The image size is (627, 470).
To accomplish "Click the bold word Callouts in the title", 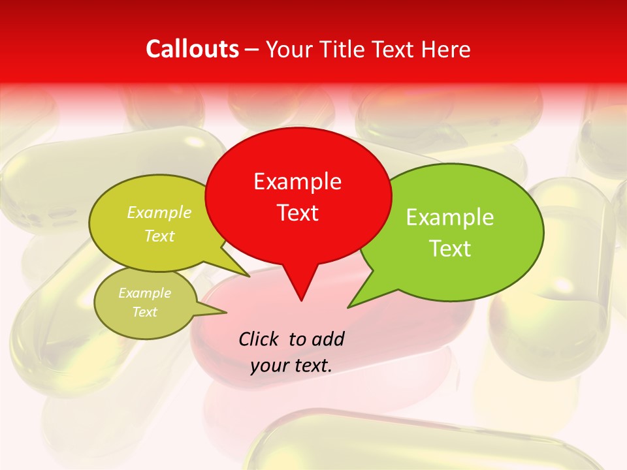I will click(192, 49).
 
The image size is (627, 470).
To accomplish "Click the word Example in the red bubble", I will click(297, 181).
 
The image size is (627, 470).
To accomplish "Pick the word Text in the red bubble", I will click(297, 213).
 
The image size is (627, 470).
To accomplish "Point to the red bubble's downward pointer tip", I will click(301, 300).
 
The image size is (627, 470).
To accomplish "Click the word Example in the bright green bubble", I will click(449, 217).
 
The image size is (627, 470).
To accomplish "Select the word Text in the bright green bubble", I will click(449, 249).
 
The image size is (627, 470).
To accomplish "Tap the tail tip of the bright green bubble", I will click(349, 306).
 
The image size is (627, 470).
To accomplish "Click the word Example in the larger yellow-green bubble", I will click(159, 213).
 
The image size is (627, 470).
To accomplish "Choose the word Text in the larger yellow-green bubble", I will click(159, 236).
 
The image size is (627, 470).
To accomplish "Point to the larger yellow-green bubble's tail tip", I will click(249, 276).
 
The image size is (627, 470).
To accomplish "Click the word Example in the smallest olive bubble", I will click(145, 293).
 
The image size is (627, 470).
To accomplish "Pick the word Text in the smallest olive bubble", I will click(145, 312).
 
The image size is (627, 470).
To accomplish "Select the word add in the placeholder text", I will click(328, 339).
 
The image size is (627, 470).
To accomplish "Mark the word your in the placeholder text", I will click(270, 366).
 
